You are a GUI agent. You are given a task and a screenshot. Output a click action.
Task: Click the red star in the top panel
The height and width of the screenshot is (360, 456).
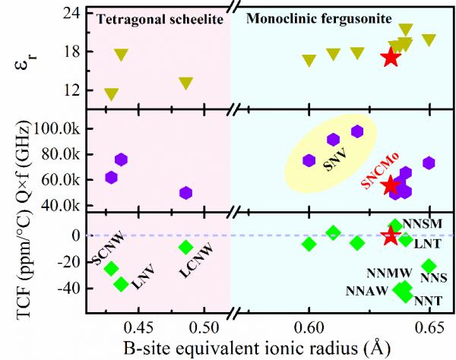(x=391, y=57)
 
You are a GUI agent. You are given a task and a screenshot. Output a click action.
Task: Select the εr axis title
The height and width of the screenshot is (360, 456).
(x=21, y=57)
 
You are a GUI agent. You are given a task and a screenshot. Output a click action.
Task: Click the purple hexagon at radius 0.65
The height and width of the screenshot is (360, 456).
(x=429, y=163)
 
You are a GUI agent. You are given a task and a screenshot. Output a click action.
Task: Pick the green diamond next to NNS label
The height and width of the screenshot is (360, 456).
(x=429, y=266)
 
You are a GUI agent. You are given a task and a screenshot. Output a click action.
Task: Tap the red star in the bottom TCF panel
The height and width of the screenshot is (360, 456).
(x=391, y=235)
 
